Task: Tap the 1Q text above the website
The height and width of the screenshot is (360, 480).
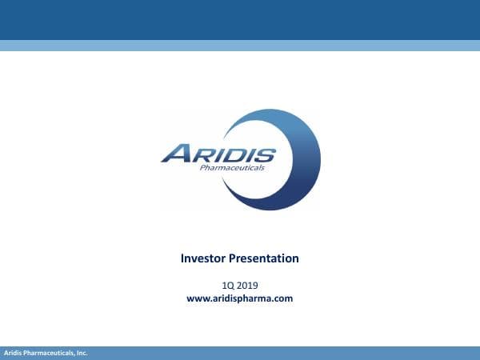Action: pos(227,285)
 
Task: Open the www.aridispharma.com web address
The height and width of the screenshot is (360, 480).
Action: pos(240,298)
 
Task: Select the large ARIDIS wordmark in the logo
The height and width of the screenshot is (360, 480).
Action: pos(218,154)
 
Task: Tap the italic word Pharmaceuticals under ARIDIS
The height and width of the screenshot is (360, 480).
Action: pos(231,169)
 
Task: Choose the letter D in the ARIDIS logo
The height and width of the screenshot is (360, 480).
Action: pos(232,154)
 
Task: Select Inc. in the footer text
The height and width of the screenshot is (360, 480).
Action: pos(81,353)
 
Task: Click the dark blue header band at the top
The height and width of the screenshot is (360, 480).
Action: pos(240,19)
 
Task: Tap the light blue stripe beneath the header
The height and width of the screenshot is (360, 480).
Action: pos(240,46)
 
